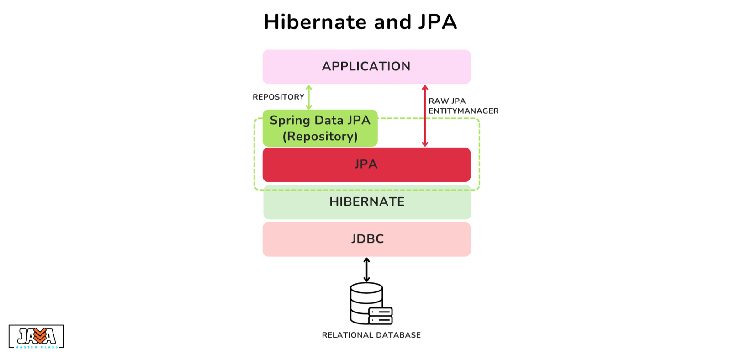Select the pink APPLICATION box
point(366,67)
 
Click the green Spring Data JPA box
point(320,128)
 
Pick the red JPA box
point(366,164)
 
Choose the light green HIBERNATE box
point(367,202)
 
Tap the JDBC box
point(366,239)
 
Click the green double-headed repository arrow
point(309,97)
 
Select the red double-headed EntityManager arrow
point(424,116)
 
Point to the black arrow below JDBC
point(366,270)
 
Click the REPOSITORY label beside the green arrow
point(278,97)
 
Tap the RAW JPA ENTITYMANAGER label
point(463,106)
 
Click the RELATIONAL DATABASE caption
point(371,335)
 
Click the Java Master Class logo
point(36,337)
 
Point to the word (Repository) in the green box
point(320,136)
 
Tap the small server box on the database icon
point(381,316)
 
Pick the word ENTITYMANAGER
point(463,111)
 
